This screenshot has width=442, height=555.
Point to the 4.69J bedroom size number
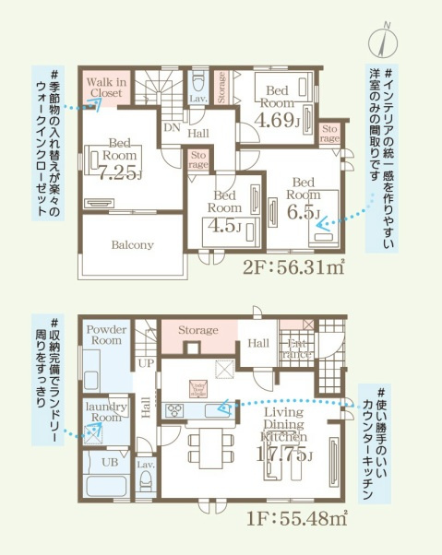[x=277, y=119]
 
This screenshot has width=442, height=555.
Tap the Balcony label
[x=132, y=245]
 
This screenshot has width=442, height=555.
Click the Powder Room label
[x=106, y=335]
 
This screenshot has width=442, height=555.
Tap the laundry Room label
[x=105, y=411]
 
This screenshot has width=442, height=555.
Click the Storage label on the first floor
[x=198, y=330]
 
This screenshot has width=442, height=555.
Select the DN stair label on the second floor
[x=172, y=129]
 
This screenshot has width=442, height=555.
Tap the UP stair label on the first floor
[x=146, y=364]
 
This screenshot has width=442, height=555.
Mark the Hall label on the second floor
[x=197, y=134]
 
